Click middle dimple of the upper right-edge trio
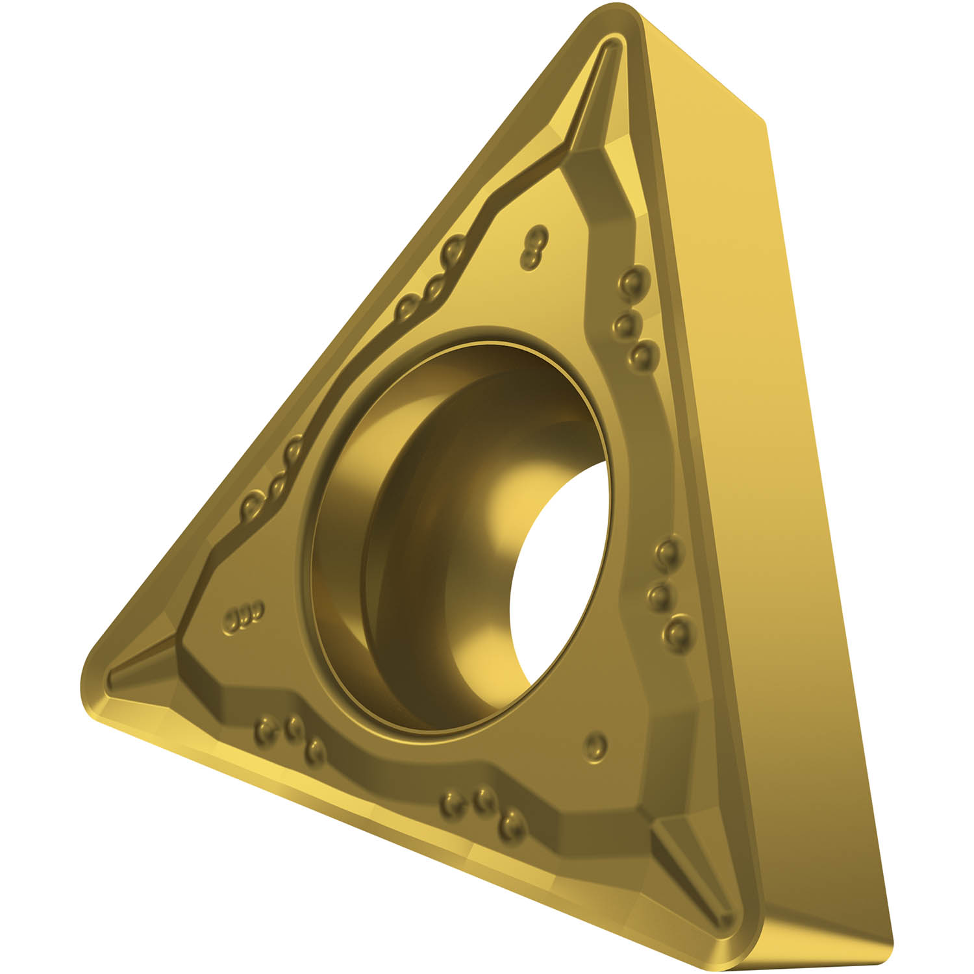coord(627,323)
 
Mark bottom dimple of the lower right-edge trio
coord(677,631)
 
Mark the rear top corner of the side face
coord(766,123)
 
